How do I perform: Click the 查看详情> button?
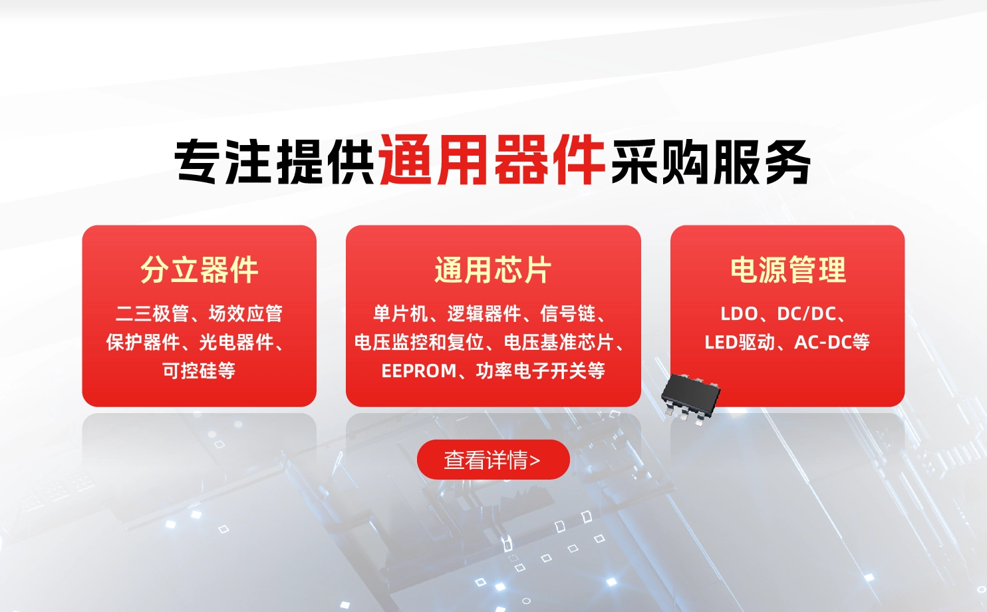(493, 460)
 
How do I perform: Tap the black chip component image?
(690, 397)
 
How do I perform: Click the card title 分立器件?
(199, 270)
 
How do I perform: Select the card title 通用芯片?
(493, 270)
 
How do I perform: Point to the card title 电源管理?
(787, 270)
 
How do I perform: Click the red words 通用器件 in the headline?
(492, 161)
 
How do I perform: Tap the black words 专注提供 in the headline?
(275, 161)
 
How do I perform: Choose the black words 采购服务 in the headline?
(710, 161)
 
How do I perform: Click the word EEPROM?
(419, 371)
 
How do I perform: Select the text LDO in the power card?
(739, 313)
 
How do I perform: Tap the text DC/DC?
(807, 313)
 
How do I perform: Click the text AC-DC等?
(832, 342)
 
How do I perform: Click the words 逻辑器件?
(484, 313)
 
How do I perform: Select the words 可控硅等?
(199, 371)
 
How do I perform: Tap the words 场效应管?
(245, 313)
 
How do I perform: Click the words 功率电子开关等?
(540, 371)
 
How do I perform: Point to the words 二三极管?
(152, 313)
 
